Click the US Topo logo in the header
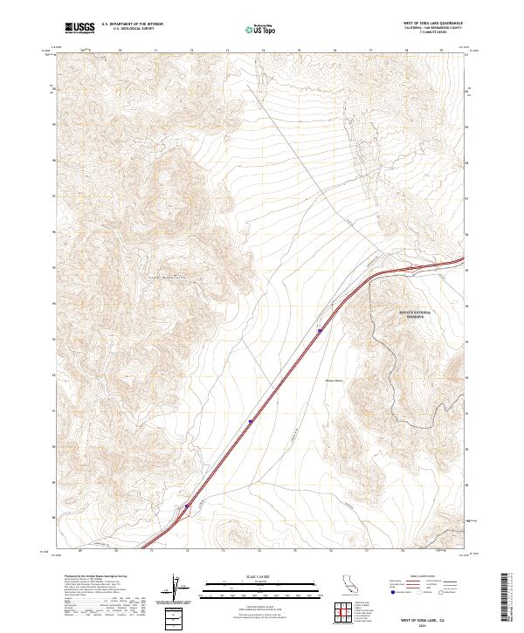click(259, 29)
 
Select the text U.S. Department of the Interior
click(132, 24)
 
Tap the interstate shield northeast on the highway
click(320, 330)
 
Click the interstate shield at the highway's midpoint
click(251, 421)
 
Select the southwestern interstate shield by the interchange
click(187, 506)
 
